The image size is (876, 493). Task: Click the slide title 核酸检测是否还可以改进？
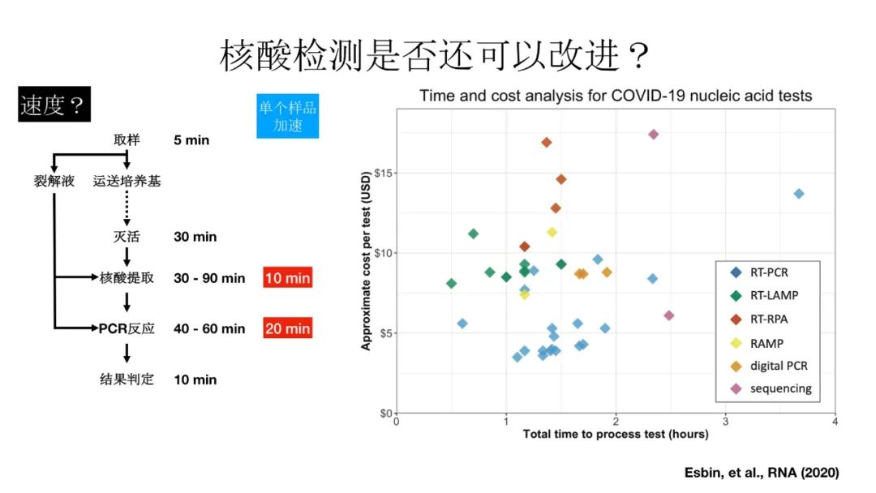[x=436, y=57]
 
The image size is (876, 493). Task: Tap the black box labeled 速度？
[x=54, y=106]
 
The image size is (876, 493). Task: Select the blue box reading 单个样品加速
[x=287, y=116]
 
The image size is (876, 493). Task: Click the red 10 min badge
[x=287, y=278]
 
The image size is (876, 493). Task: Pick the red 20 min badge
[x=287, y=328]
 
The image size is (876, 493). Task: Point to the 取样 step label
[x=127, y=140]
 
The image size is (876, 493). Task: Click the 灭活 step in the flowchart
[x=127, y=237]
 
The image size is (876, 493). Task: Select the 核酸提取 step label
[x=127, y=278]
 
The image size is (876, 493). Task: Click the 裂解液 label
[x=54, y=181]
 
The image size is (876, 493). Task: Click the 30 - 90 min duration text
[x=209, y=278]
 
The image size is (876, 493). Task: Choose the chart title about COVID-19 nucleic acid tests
[x=616, y=96]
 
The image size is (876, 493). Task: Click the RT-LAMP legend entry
[x=773, y=296]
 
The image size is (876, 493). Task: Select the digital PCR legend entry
[x=778, y=366]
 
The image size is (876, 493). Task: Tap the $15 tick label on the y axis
[x=380, y=173]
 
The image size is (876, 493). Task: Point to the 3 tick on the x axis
[x=725, y=421]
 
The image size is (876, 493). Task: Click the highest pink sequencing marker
[x=653, y=135]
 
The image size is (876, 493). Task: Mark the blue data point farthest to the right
[x=799, y=194]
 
